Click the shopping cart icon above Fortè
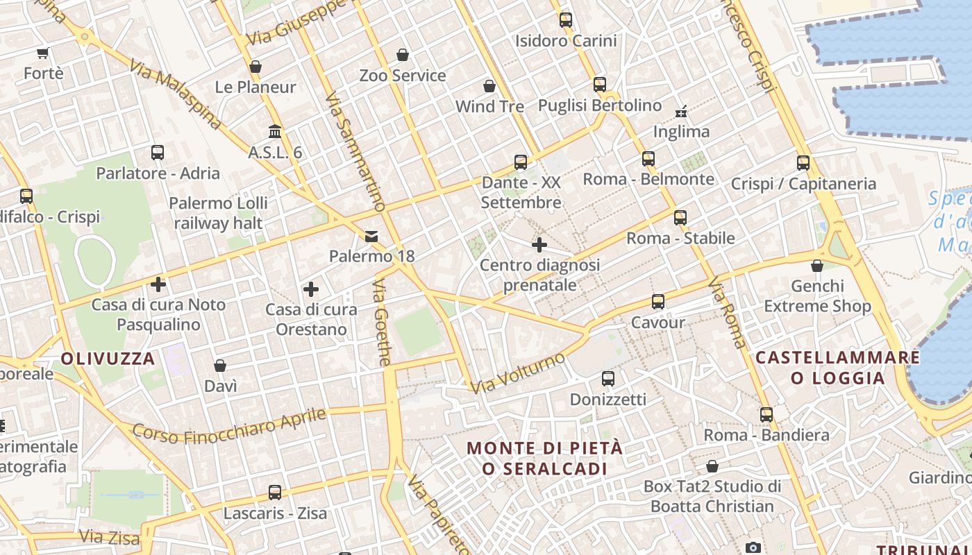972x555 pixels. click(43, 53)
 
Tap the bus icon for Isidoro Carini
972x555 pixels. click(566, 20)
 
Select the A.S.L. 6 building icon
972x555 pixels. click(275, 132)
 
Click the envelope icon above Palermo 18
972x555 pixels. click(371, 237)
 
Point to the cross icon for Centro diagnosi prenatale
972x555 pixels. click(539, 245)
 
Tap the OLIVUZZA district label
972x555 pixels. click(108, 359)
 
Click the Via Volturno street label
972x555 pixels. click(518, 373)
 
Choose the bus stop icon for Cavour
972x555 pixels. click(657, 302)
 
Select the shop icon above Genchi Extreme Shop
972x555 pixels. click(817, 266)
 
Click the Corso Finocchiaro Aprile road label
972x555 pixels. click(229, 426)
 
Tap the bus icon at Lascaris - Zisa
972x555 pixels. click(275, 493)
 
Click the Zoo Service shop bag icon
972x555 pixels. click(403, 55)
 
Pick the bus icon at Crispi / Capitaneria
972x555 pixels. click(803, 163)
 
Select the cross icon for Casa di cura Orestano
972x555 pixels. click(311, 289)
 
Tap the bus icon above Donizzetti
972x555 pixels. click(608, 379)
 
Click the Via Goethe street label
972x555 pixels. click(382, 323)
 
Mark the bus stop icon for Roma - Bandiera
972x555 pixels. click(766, 415)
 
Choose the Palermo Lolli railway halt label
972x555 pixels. click(219, 213)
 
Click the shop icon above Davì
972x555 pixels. click(220, 366)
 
